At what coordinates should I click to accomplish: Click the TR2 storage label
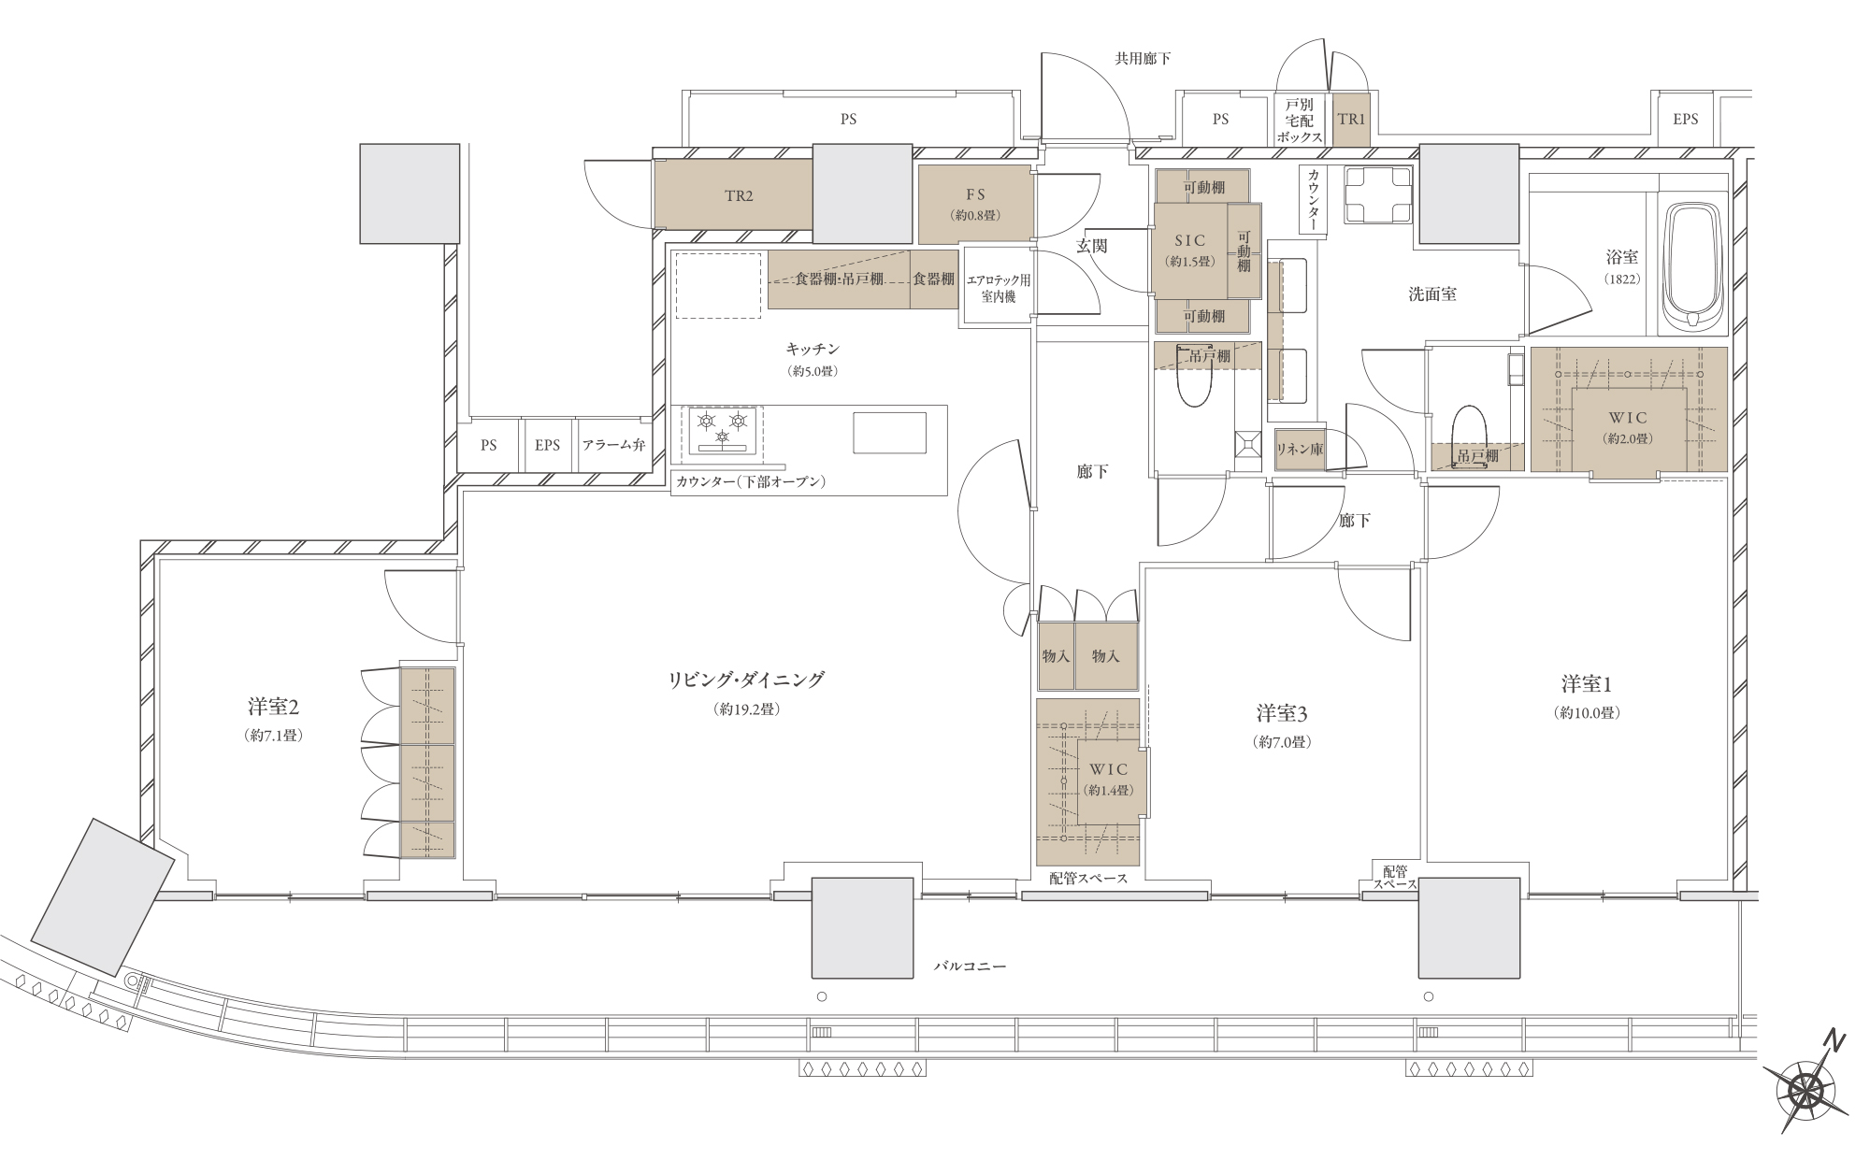click(x=739, y=196)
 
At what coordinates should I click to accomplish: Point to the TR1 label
click(x=1351, y=120)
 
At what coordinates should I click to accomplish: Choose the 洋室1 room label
click(x=1587, y=684)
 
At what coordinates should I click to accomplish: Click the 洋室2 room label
click(x=273, y=706)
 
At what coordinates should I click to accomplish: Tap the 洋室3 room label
click(x=1282, y=714)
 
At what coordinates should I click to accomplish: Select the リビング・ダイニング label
click(x=746, y=680)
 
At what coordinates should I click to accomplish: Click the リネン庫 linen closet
click(x=1301, y=450)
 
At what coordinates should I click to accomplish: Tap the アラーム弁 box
click(x=613, y=446)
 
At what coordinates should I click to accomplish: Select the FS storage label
click(x=976, y=195)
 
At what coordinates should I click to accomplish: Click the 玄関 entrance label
click(x=1092, y=246)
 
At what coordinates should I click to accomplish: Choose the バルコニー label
click(x=971, y=966)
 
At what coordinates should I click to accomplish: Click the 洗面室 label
click(x=1432, y=294)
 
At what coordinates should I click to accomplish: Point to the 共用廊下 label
click(x=1143, y=58)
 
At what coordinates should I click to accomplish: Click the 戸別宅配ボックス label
click(x=1300, y=120)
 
